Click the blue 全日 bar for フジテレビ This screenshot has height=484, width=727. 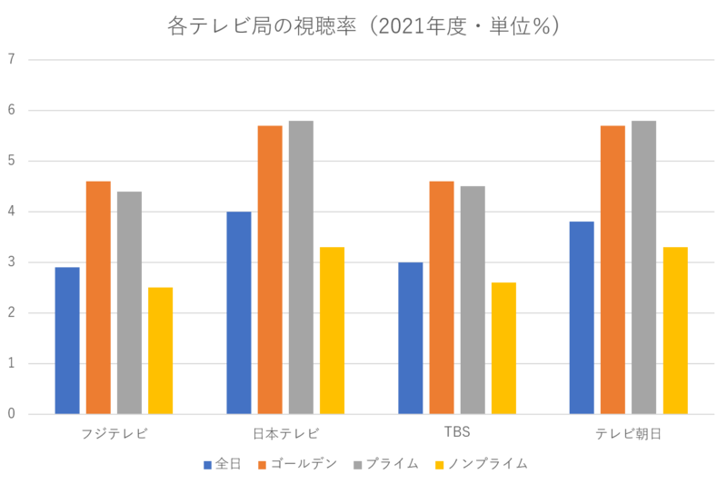(x=67, y=340)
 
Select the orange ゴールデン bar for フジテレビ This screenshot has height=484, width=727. (x=98, y=297)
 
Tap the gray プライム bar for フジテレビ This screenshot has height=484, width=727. (x=129, y=301)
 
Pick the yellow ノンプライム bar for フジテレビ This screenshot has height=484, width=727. (x=160, y=350)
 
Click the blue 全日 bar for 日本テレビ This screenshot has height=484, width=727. (x=238, y=312)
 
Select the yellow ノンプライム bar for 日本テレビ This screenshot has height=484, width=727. (x=332, y=329)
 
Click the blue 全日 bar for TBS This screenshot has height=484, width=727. (x=411, y=338)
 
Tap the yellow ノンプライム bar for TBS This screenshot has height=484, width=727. (x=503, y=347)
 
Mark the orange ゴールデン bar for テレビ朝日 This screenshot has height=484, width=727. (x=612, y=269)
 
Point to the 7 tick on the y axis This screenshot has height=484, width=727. (x=11, y=60)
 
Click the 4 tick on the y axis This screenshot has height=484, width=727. (x=11, y=212)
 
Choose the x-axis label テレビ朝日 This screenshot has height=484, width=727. (x=628, y=433)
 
